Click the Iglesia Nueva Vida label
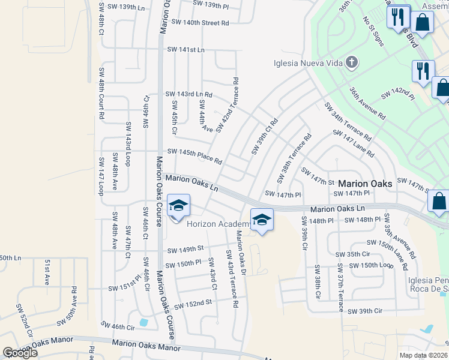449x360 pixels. [307, 63]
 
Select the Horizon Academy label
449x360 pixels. [217, 224]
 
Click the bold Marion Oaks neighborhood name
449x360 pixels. [365, 183]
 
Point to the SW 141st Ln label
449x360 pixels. [185, 49]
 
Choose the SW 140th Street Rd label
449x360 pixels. [200, 23]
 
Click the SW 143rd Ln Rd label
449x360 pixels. [189, 94]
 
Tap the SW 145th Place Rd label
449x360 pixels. [194, 157]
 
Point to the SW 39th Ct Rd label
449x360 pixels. [265, 136]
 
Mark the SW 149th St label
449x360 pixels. [185, 249]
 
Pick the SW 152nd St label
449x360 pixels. [193, 302]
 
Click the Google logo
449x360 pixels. [20, 353]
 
